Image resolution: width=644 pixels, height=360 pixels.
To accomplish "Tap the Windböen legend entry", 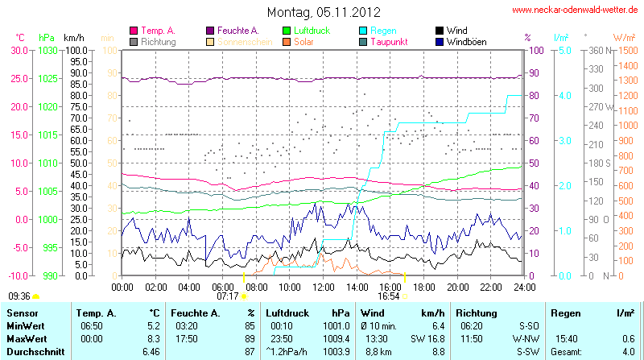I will (467, 41).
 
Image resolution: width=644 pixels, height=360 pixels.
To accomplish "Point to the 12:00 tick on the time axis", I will (323, 286).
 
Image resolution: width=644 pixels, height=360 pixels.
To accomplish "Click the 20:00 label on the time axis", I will (457, 286).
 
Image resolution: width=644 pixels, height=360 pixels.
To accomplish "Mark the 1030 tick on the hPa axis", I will (47, 50).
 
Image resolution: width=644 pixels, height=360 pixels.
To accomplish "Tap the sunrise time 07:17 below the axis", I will (228, 296).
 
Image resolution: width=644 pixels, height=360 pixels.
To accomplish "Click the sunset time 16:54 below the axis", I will (389, 296).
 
